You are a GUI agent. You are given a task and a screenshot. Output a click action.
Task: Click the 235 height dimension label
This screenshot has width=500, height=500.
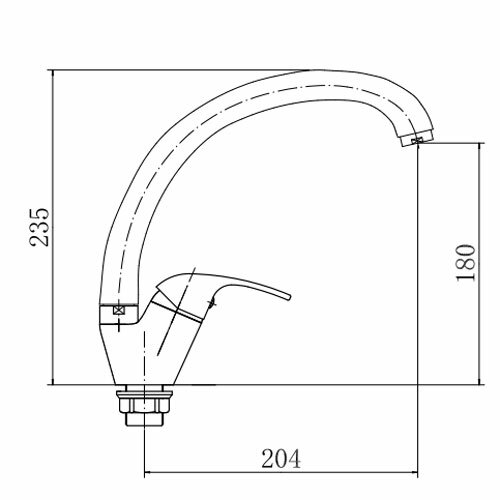point(40,227)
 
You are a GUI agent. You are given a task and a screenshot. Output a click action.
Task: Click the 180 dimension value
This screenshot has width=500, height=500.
point(466,263)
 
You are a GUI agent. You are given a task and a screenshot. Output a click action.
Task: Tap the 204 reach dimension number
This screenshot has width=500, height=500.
point(281,459)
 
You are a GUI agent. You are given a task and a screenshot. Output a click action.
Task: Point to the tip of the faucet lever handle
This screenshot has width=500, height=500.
point(290,296)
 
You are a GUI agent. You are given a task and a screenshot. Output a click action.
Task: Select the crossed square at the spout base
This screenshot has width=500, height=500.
point(118,310)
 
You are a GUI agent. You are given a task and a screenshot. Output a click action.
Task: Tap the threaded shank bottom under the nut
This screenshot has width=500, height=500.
point(144,420)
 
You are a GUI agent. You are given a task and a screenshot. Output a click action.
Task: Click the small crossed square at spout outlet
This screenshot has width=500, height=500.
point(416,141)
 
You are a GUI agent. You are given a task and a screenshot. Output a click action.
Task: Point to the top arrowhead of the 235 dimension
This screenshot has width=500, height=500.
point(53,74)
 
